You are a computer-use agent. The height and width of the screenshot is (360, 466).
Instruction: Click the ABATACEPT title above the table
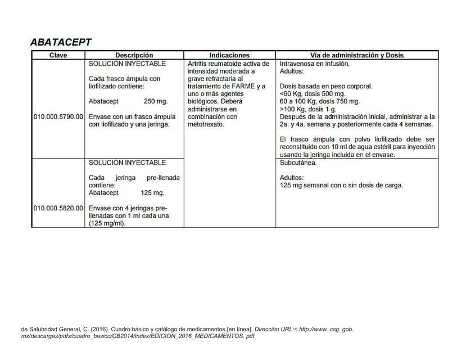pos(61,43)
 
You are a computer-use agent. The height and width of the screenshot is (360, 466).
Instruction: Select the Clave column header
pos(58,56)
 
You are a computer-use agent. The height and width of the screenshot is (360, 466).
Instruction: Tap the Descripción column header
pos(134,56)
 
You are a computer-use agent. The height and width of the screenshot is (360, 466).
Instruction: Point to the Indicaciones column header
pos(229,56)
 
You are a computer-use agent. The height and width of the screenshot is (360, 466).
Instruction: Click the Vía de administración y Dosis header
pos(357,56)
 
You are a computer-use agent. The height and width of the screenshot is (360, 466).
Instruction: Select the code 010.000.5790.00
pos(58,116)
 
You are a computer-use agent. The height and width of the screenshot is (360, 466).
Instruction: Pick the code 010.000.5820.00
pos(58,208)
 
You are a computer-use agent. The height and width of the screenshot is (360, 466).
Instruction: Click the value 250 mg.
pos(156,102)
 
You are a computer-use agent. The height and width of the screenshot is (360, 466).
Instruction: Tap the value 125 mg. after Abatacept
pos(152,193)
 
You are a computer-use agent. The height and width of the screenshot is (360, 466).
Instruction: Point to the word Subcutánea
pos(298,163)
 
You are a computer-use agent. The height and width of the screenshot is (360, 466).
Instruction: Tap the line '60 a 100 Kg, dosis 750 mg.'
pos(319,101)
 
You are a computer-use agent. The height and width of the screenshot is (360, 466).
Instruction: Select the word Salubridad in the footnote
pos(46,329)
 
